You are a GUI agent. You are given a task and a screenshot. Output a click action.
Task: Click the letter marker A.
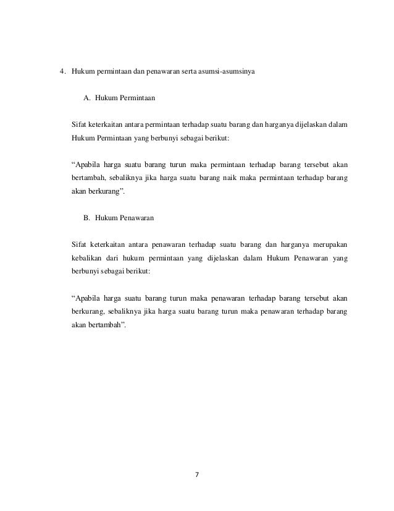tap(86, 98)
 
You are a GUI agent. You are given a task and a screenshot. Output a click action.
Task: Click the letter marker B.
tap(86, 218)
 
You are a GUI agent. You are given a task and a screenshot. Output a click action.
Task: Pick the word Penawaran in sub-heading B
tap(136, 218)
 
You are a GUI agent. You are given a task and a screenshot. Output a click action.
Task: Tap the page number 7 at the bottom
tap(198, 476)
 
